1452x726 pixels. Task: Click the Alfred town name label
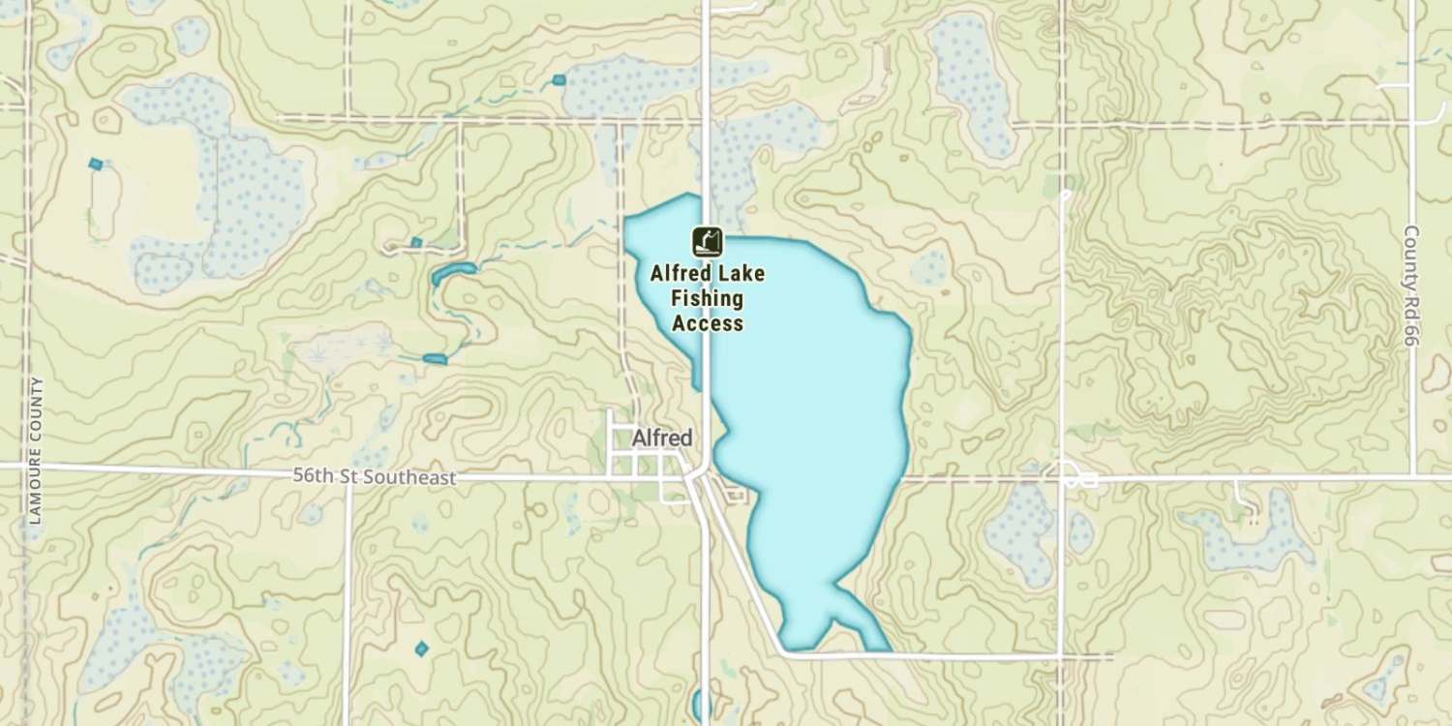coord(662,438)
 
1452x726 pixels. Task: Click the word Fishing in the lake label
coord(708,299)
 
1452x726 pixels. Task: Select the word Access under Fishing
coord(708,324)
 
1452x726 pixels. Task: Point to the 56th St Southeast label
coord(374,477)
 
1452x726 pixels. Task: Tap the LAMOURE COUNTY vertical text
coord(36,450)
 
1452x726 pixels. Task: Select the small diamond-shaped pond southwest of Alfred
coord(421,649)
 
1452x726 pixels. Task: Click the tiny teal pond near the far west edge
coord(95,165)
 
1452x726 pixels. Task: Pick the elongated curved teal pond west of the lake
coord(451,273)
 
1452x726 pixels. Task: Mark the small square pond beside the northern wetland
coord(559,79)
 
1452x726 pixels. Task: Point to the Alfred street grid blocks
coord(639,463)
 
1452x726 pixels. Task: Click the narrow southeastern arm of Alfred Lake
coord(867,623)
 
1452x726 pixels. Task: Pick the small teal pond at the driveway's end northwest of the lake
coord(416,242)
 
